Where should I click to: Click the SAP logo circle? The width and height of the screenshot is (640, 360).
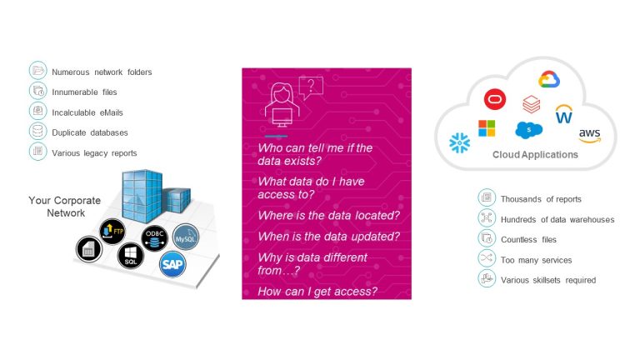[x=172, y=264]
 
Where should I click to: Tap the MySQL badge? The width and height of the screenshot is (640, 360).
[x=186, y=237]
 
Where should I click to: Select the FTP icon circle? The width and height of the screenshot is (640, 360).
[x=112, y=232]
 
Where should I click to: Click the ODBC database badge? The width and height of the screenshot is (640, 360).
[x=155, y=238]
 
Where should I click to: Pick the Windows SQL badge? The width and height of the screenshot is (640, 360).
[x=131, y=256]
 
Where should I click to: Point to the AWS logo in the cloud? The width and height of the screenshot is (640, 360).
[x=590, y=136]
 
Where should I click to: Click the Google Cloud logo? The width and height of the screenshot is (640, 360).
[x=549, y=79]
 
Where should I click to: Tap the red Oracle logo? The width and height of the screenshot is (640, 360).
[x=495, y=99]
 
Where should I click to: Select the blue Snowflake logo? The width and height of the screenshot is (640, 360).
[x=460, y=142]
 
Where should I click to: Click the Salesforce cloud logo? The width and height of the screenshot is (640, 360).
[x=529, y=130]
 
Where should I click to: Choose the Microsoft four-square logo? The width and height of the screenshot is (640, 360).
[x=487, y=128]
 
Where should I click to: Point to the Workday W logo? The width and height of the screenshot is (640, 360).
[x=564, y=114]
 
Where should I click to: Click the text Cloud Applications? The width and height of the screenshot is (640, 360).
[x=535, y=155]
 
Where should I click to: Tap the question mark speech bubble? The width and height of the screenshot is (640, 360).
[x=311, y=87]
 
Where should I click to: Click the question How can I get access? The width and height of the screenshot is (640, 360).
[x=317, y=292]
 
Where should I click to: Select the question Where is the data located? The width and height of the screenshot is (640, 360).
[x=329, y=216]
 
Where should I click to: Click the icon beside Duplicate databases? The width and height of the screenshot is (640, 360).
[x=38, y=131]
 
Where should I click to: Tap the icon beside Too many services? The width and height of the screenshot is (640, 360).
[x=487, y=258]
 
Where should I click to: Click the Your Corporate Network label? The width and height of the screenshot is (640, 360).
[x=65, y=207]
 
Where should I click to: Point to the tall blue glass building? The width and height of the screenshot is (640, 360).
[x=142, y=196]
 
